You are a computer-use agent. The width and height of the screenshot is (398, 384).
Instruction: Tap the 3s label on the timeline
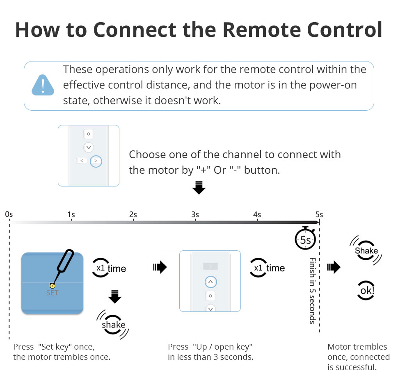pyautogui.click(x=195, y=214)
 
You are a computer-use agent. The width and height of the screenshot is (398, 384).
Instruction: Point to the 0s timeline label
pyautogui.click(x=9, y=214)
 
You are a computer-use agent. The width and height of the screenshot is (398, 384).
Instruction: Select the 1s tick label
pyautogui.click(x=71, y=214)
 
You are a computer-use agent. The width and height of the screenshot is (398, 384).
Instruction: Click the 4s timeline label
pyautogui.click(x=257, y=214)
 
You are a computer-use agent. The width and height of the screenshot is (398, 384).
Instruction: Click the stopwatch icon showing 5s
pyautogui.click(x=306, y=239)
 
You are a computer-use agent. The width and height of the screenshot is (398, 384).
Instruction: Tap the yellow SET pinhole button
pyautogui.click(x=52, y=285)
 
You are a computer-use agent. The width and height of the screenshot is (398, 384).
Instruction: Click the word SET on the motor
pyautogui.click(x=52, y=293)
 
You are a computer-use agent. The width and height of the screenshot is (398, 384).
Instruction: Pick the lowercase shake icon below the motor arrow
pyautogui.click(x=113, y=325)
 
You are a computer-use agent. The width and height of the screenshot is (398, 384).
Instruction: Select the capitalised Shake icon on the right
pyautogui.click(x=366, y=250)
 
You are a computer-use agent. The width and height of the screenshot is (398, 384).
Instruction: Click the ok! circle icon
pyautogui.click(x=366, y=291)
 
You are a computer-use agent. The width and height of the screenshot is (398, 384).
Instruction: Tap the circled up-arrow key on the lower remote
pyautogui.click(x=210, y=282)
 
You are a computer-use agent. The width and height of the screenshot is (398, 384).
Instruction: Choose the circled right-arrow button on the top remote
pyautogui.click(x=96, y=161)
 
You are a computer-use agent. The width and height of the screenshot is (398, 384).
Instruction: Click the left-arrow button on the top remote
pyautogui.click(x=82, y=161)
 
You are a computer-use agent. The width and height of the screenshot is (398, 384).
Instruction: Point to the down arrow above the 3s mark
pyautogui.click(x=199, y=187)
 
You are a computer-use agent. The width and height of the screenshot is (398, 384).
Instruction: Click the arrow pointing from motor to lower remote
pyautogui.click(x=160, y=268)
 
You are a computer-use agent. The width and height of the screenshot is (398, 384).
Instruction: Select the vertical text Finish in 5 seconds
pyautogui.click(x=313, y=290)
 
